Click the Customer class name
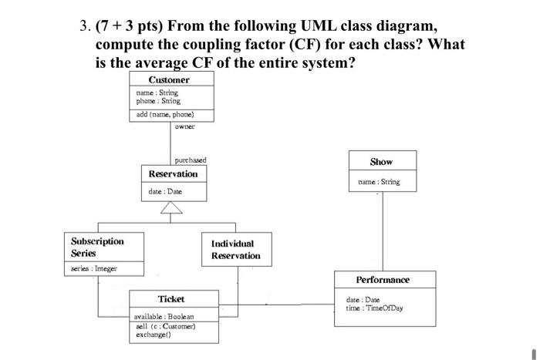coord(169,80)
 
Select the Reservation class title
coord(173,174)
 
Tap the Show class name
coord(381,162)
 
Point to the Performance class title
coord(383,280)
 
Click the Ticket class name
coord(171,299)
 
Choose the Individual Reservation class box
coord(236,250)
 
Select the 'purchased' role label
coord(190,160)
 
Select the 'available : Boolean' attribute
coord(164,317)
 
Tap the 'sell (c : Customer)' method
coord(165,327)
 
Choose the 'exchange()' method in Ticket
coord(153,335)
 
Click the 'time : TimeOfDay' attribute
coord(375,308)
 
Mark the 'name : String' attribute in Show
coord(379,183)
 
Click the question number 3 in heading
coord(84,25)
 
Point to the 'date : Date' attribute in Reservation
coord(165,191)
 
